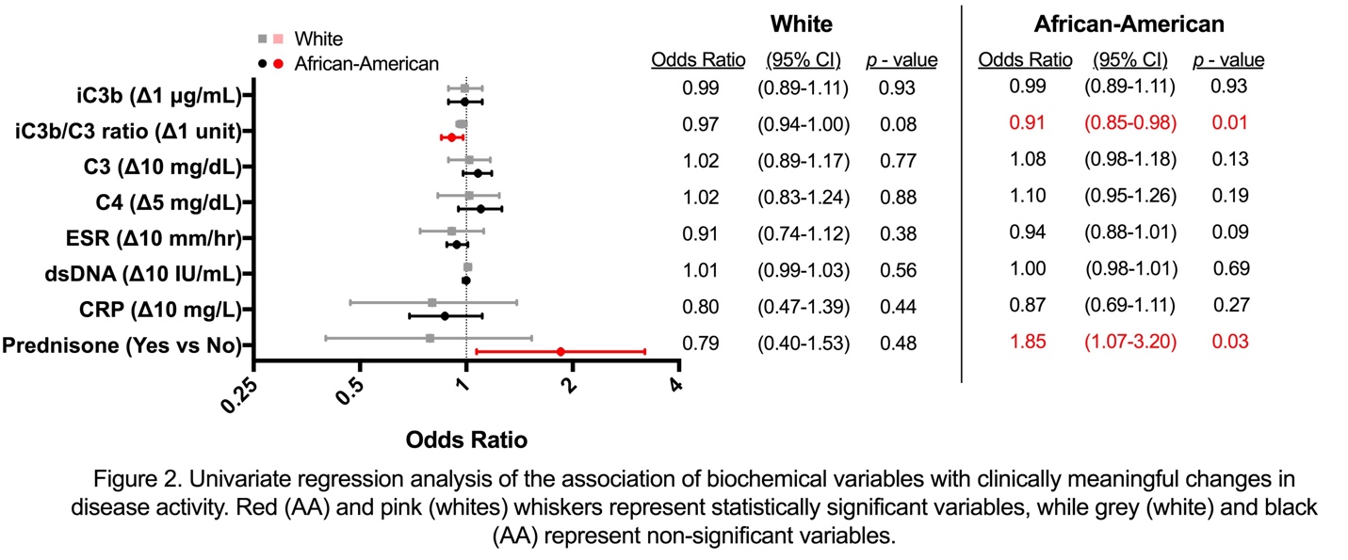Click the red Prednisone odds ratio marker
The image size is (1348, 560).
pyautogui.click(x=560, y=351)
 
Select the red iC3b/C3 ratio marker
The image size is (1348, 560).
pyautogui.click(x=451, y=137)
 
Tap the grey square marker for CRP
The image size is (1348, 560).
pyautogui.click(x=432, y=302)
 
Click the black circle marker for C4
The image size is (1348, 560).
pyautogui.click(x=480, y=209)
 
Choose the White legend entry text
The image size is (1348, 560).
pyautogui.click(x=318, y=40)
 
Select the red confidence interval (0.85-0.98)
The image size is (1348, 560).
pyautogui.click(x=1134, y=123)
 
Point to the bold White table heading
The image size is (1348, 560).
pyautogui.click(x=801, y=24)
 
